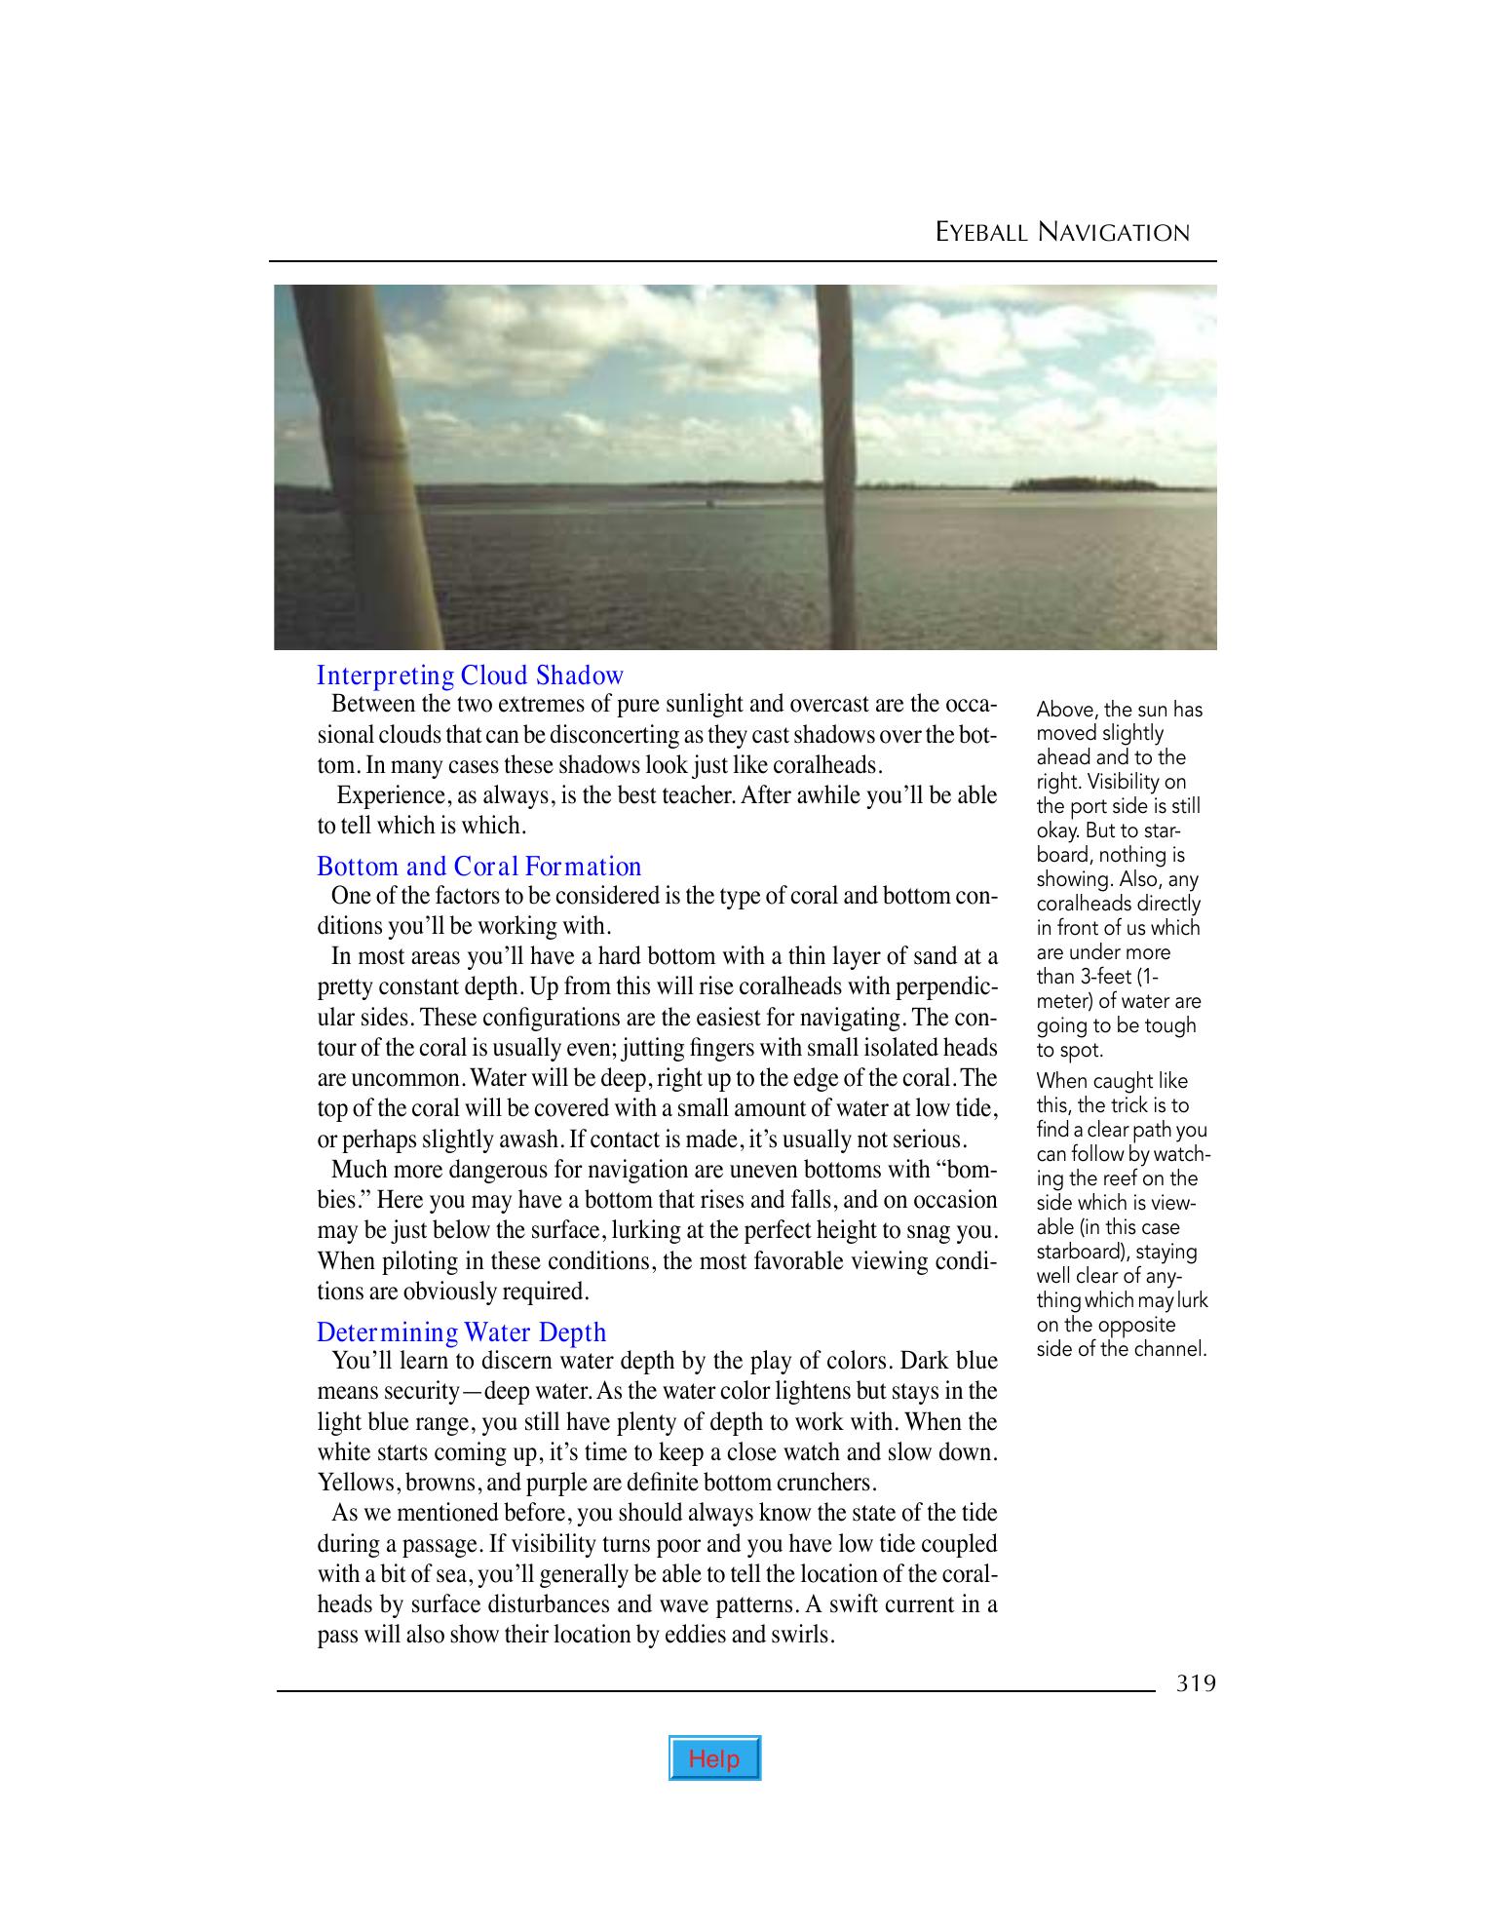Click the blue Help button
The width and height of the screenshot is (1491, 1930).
click(714, 1758)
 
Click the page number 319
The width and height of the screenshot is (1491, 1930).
click(1196, 1683)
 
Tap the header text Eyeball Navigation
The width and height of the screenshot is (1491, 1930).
click(1062, 232)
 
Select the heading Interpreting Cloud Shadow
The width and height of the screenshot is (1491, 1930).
click(470, 675)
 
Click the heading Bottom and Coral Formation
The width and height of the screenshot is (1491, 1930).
click(479, 867)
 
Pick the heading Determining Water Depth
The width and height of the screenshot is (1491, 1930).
click(462, 1332)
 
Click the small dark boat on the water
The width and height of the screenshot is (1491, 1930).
click(709, 504)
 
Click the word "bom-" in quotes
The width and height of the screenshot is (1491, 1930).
click(967, 1169)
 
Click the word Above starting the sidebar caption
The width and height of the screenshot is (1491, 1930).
click(1066, 710)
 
